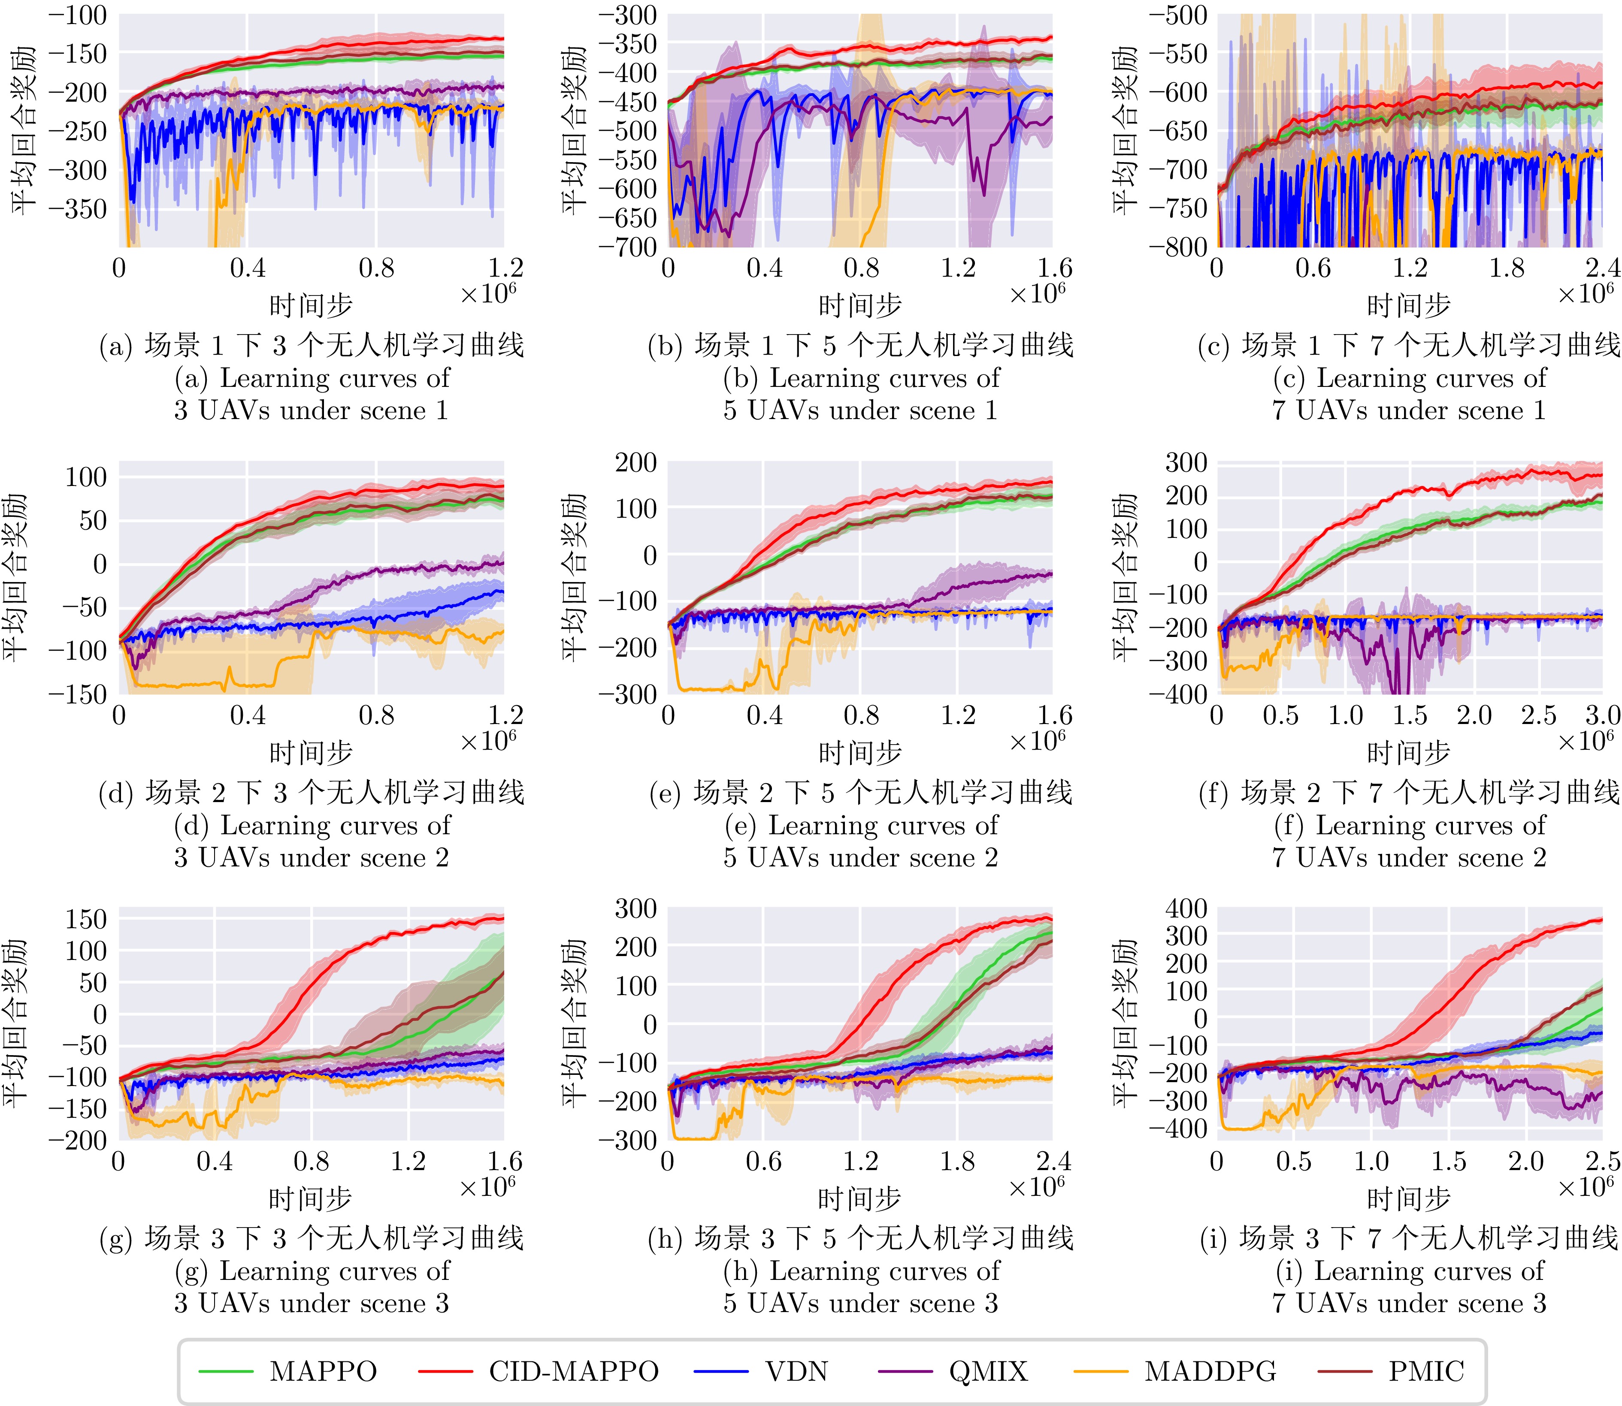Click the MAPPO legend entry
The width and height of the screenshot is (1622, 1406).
(323, 1372)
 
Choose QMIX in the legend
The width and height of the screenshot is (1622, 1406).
(987, 1372)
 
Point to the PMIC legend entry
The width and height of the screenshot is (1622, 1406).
(1426, 1372)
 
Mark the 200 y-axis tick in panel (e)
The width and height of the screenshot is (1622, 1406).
(635, 463)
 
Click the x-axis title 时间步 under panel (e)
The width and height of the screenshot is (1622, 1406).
(860, 753)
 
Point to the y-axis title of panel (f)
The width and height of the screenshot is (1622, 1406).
(1125, 576)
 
